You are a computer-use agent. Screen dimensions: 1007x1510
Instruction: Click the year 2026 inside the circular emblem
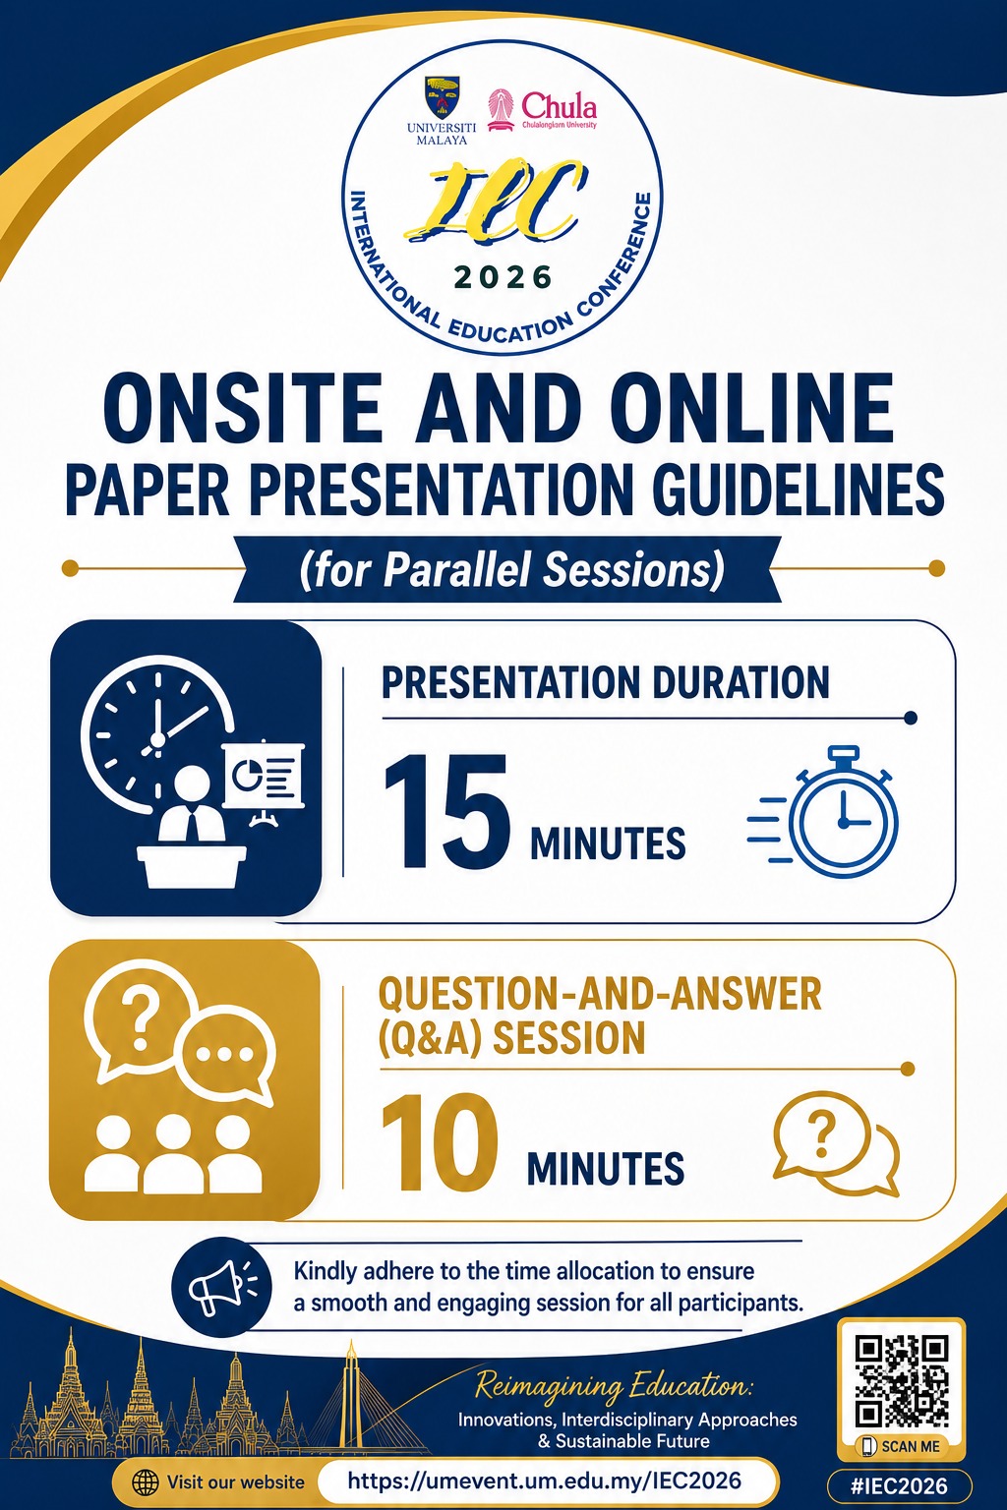503,277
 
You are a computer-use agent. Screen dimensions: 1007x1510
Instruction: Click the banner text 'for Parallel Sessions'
512,569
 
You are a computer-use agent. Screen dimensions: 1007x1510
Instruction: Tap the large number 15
446,811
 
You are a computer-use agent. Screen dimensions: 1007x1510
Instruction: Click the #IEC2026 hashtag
899,1485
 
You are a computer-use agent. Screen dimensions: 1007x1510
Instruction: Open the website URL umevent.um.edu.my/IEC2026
544,1481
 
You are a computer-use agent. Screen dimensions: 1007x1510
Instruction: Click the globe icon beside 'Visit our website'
145,1481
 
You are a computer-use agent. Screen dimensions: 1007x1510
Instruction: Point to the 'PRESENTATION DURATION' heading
605,682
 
